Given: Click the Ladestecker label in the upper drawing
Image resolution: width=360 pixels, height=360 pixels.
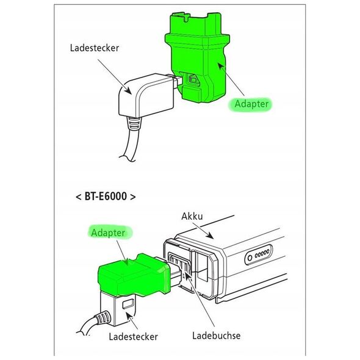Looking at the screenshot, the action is coord(95,48).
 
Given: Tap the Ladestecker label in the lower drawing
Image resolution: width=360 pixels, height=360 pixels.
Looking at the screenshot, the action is coord(133,337).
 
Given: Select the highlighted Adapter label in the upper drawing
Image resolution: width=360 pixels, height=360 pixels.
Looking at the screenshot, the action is coord(251,104).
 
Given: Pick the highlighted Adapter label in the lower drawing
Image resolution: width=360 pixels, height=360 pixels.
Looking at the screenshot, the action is coord(108,232).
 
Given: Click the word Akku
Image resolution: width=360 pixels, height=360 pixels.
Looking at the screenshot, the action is coord(192,216).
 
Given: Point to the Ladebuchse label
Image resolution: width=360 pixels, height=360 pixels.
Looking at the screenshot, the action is coord(216,336).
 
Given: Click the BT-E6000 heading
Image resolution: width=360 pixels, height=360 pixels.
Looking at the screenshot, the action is coord(106,196).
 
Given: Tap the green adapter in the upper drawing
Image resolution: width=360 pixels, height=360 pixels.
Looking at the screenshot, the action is coord(198,57).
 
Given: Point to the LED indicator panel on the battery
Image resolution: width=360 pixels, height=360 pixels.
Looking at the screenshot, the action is coord(259,254).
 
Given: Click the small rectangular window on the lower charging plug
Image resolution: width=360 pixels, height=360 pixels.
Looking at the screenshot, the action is coord(128,304).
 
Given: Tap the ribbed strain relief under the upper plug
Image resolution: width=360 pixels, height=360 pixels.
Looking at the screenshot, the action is coord(134,123).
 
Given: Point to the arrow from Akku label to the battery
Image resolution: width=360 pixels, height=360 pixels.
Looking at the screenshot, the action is coord(203,231).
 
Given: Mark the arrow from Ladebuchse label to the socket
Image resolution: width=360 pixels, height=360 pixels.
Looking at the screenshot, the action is coord(200,299).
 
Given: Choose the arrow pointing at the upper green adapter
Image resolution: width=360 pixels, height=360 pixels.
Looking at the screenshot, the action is coord(231,79).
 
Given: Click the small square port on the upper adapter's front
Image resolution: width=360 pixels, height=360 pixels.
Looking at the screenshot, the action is coord(192,79).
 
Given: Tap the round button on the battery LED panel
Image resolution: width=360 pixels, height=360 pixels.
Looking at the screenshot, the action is coord(250,258).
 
